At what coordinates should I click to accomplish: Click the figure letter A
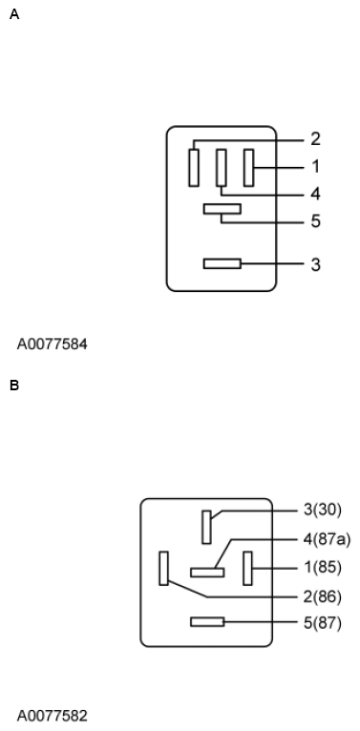click(x=13, y=15)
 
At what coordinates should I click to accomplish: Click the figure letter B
click(x=13, y=386)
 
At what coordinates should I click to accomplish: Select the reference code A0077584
click(x=52, y=344)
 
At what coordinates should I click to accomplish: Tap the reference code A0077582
click(x=52, y=715)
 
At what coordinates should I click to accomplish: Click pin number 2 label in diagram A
click(x=315, y=139)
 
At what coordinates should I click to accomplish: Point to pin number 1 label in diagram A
click(x=315, y=167)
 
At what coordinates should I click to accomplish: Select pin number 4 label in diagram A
click(x=315, y=194)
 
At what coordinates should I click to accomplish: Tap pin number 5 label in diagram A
click(x=315, y=222)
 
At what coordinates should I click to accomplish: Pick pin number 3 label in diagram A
click(x=315, y=264)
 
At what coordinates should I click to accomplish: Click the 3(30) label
click(x=322, y=510)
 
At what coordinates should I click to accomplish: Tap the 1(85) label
click(x=322, y=568)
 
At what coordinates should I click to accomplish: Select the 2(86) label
click(x=322, y=597)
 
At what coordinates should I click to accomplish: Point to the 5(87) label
click(x=322, y=623)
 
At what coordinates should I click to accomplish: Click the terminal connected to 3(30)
click(x=206, y=527)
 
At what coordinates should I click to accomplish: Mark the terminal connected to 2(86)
click(x=164, y=568)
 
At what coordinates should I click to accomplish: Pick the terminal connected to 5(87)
click(x=207, y=622)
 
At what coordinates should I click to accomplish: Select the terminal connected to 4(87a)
click(x=207, y=573)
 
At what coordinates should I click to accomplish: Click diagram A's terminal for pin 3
click(x=222, y=263)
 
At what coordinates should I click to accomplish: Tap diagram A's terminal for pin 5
click(x=222, y=208)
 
